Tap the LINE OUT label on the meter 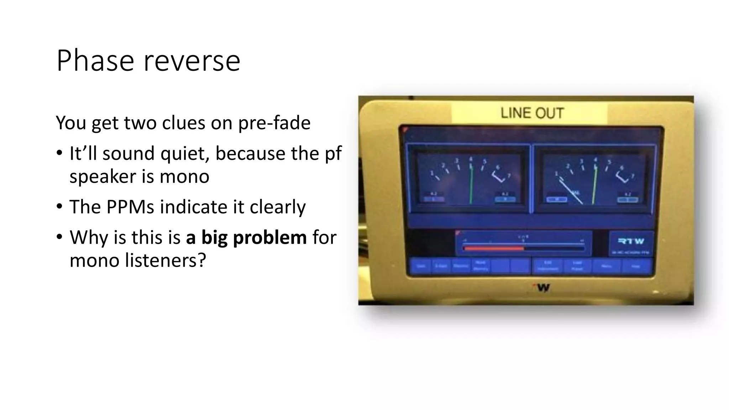click(x=532, y=113)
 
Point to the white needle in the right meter click(x=571, y=192)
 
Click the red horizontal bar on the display click(x=494, y=248)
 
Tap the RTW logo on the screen click(x=631, y=241)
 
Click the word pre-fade click(x=274, y=123)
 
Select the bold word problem click(x=269, y=237)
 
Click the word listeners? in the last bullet click(x=166, y=260)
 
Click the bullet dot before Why click(x=60, y=237)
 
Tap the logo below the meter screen click(x=541, y=288)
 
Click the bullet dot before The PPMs click(x=60, y=206)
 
